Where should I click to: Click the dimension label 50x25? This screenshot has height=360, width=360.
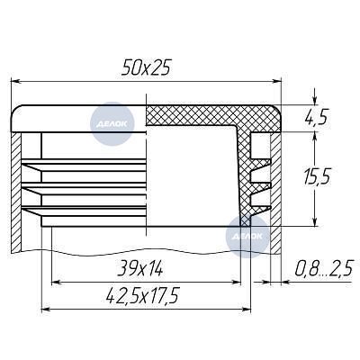[146, 67]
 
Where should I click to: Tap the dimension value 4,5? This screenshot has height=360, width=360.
[315, 117]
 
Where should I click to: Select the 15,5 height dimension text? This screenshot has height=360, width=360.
[317, 176]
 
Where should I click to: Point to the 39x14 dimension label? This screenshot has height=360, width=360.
[139, 268]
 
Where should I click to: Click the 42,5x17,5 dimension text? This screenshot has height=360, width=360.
[142, 295]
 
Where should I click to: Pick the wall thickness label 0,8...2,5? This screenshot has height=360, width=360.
[323, 268]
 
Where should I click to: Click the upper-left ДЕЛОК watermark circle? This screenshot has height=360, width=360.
[112, 124]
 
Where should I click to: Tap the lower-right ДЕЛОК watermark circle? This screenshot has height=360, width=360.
[247, 237]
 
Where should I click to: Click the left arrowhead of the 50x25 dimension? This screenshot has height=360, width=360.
[15, 81]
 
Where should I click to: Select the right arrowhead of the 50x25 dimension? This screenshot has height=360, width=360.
[276, 81]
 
